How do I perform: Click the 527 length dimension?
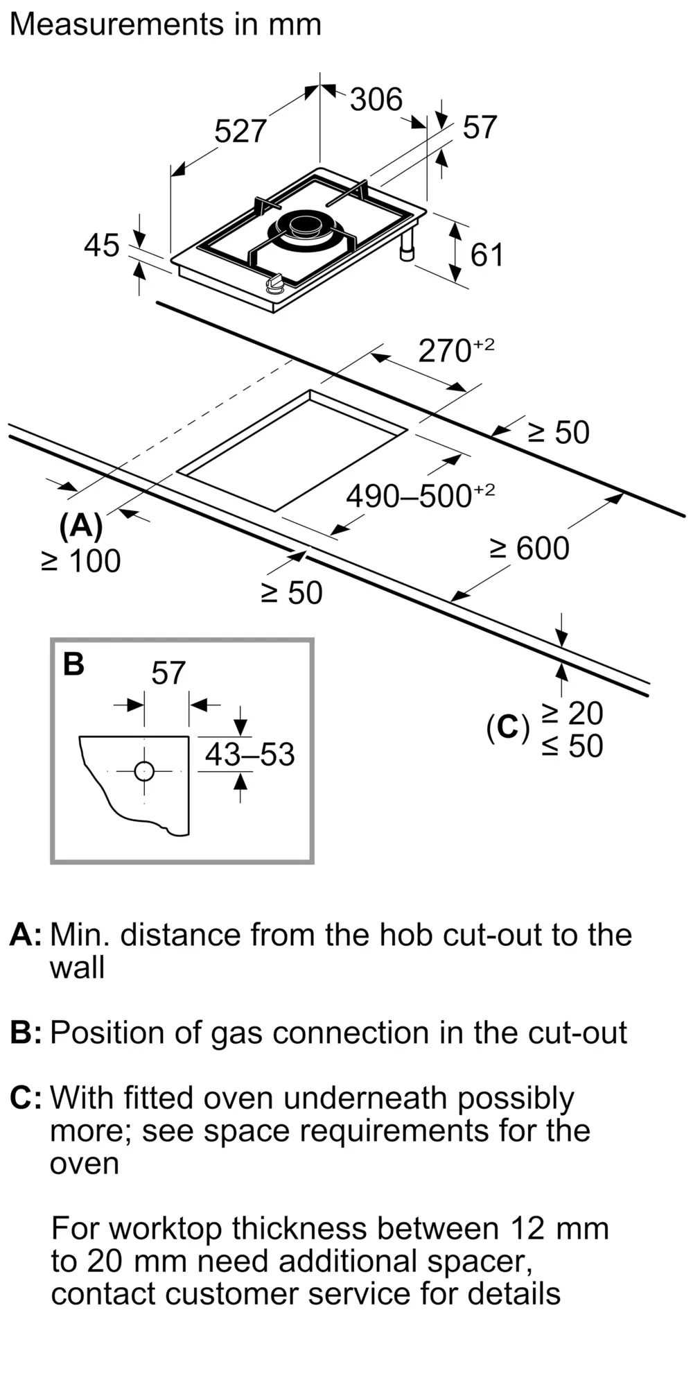[x=240, y=131]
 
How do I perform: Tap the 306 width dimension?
[x=376, y=99]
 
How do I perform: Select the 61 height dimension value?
[x=486, y=255]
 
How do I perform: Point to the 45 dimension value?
[x=101, y=245]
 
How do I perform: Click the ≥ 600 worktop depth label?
[x=529, y=548]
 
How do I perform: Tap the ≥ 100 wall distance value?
[x=81, y=561]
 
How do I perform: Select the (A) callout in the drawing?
[x=81, y=526]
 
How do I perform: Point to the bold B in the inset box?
[x=73, y=664]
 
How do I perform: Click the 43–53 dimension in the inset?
[x=249, y=755]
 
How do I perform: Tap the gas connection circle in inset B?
[x=144, y=771]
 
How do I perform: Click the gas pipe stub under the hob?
[x=407, y=248]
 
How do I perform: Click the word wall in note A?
[x=77, y=967]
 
